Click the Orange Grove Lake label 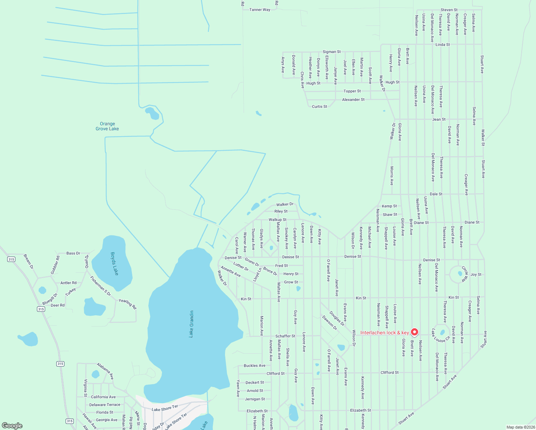(x=107, y=126)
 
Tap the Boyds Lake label (x=114, y=264)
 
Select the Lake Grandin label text (x=191, y=324)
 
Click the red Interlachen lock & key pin (x=415, y=332)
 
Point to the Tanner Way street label (x=260, y=10)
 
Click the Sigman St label (x=332, y=52)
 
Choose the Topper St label (x=352, y=91)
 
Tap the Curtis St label (x=319, y=107)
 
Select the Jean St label (x=439, y=119)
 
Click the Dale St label (x=436, y=194)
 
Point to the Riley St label (x=281, y=211)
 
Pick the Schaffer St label (x=285, y=336)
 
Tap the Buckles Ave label (x=254, y=365)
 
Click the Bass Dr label (x=73, y=253)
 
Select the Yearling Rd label (x=128, y=304)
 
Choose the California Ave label (x=103, y=397)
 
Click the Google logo (x=12, y=426)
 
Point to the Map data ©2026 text (x=520, y=427)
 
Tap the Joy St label (x=476, y=274)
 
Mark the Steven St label (x=449, y=10)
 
